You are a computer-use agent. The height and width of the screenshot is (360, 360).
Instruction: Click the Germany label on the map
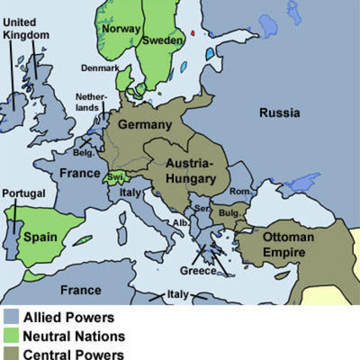coord(144,123)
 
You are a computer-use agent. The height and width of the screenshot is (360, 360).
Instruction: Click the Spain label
coord(40,238)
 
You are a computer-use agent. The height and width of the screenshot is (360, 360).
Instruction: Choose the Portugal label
coord(23,193)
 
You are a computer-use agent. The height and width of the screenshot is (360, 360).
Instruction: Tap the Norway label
coord(121,28)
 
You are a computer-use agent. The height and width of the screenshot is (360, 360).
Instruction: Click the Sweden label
coord(165,41)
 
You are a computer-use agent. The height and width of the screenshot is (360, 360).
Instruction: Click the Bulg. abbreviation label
coord(229,213)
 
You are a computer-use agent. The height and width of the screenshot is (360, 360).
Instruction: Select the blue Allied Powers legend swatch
coord(11,318)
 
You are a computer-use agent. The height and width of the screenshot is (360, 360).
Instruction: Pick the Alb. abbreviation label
coord(181,222)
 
